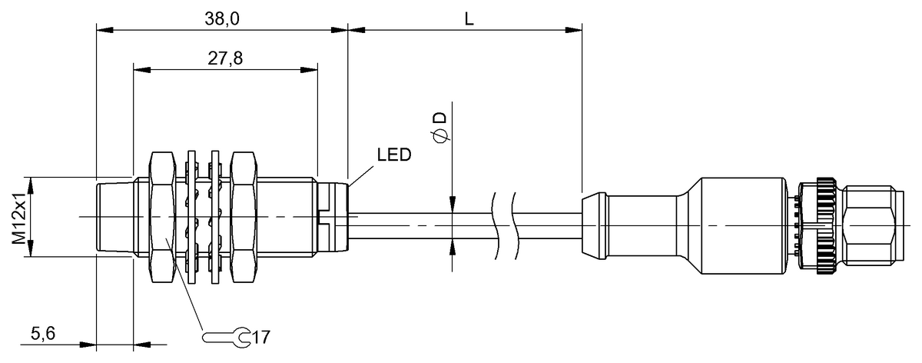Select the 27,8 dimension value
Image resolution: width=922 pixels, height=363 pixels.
coord(225,58)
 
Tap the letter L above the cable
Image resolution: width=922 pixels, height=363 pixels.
coord(468,19)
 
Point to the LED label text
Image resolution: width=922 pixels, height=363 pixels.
coord(393,155)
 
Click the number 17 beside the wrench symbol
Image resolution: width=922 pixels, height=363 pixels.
coord(262,337)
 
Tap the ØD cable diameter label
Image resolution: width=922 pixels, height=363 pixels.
coord(439,127)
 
